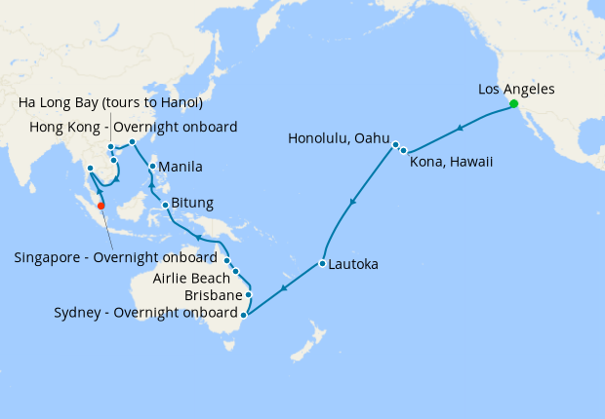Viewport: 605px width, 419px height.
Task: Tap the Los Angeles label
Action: click(x=516, y=89)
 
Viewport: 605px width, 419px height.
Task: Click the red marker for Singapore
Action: click(x=101, y=205)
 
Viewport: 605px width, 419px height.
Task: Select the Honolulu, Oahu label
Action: click(x=339, y=138)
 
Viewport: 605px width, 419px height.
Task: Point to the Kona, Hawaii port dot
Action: click(x=403, y=151)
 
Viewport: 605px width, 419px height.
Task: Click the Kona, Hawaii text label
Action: click(x=451, y=161)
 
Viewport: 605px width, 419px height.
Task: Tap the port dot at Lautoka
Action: click(x=321, y=263)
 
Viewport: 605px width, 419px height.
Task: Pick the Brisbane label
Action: click(x=212, y=294)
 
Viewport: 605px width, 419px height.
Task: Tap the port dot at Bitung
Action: click(x=166, y=205)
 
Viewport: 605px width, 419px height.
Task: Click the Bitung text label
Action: click(x=192, y=204)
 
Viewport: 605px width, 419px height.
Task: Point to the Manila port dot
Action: click(x=152, y=167)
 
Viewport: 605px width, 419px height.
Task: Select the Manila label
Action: click(x=181, y=166)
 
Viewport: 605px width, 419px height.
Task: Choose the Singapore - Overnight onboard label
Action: click(x=115, y=258)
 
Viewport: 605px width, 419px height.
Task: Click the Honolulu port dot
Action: click(x=395, y=145)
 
